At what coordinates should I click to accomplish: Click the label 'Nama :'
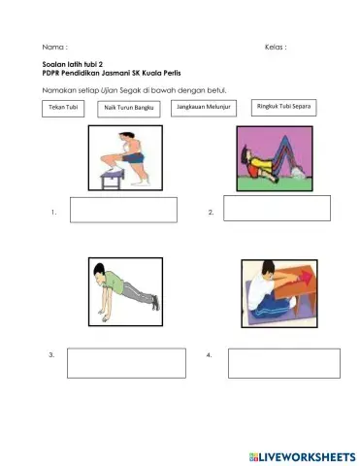[55, 47]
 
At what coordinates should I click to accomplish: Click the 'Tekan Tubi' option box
[65, 107]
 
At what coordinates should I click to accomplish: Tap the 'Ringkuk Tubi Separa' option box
[282, 107]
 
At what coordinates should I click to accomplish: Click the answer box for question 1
[123, 210]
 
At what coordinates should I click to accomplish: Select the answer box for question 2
[277, 208]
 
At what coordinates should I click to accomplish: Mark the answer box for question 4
[282, 363]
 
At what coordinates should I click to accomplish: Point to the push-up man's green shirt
[112, 284]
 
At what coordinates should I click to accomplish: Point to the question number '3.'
[50, 356]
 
